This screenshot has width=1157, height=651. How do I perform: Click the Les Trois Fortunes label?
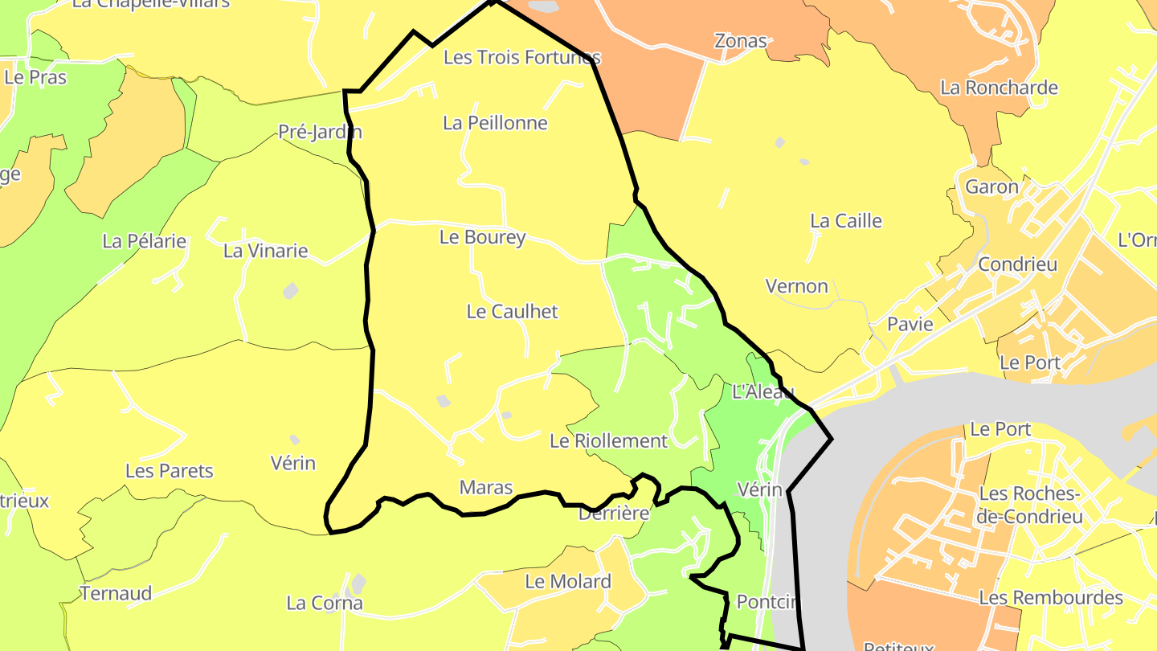(522, 58)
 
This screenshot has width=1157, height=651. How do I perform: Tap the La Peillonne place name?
(495, 123)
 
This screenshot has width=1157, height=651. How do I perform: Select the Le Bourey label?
(482, 237)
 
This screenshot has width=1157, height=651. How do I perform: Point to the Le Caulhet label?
(512, 312)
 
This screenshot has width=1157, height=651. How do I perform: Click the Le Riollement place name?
(608, 440)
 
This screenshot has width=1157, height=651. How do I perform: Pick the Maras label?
(485, 487)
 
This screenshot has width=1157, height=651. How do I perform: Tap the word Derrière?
(613, 514)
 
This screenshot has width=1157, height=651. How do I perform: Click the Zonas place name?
(741, 41)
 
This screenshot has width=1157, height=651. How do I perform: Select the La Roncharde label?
(999, 88)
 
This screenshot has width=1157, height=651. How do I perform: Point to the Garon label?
(991, 187)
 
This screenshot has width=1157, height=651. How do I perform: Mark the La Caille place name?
(846, 221)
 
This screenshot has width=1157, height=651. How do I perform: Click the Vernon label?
(796, 286)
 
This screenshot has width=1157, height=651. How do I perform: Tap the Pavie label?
(910, 325)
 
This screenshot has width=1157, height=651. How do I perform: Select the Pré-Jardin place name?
(320, 132)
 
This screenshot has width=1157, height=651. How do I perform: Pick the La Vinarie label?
(265, 251)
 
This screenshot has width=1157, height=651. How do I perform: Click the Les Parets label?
(170, 471)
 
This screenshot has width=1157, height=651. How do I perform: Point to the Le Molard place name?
(568, 581)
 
